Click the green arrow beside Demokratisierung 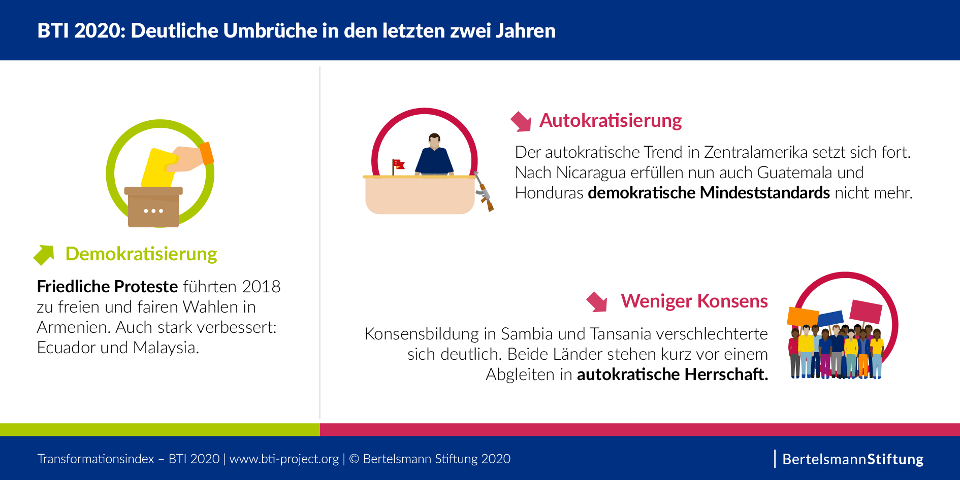(x=44, y=255)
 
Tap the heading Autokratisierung (x=610, y=121)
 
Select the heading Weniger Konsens (x=694, y=301)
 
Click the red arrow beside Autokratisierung (x=521, y=121)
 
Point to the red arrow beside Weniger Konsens (x=597, y=301)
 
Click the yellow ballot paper (x=157, y=167)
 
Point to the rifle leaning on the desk (x=484, y=192)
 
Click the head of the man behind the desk (x=434, y=140)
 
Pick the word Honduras (x=549, y=193)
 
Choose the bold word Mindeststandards (x=764, y=193)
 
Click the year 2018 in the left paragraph (x=261, y=287)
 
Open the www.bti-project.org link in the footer (x=284, y=459)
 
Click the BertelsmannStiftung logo (x=852, y=459)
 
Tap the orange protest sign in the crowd (x=803, y=317)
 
